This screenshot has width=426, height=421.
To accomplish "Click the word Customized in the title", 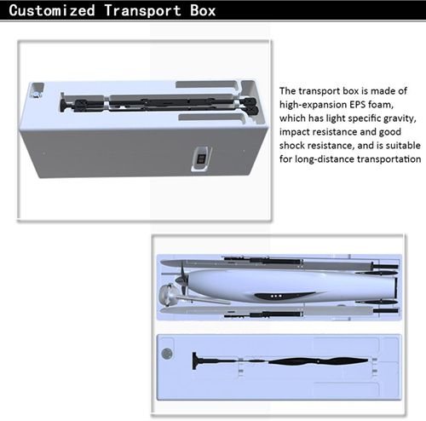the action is click(52, 10).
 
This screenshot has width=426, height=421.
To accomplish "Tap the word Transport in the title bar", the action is click(142, 10).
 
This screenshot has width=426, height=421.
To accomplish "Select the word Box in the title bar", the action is click(203, 10).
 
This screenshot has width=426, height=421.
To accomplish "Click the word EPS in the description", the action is click(357, 105).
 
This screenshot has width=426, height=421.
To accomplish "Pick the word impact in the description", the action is click(294, 132).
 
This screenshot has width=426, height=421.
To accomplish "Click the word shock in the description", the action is click(291, 146).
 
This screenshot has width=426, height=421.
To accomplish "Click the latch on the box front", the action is click(201, 159).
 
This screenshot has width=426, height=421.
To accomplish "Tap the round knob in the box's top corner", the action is click(36, 94).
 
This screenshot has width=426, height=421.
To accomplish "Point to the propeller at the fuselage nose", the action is click(182, 280).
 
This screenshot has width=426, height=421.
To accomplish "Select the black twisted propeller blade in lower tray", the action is click(318, 361).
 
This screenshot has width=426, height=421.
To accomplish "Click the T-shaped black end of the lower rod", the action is click(194, 360).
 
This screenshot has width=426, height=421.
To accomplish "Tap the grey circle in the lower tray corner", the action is click(167, 354).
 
